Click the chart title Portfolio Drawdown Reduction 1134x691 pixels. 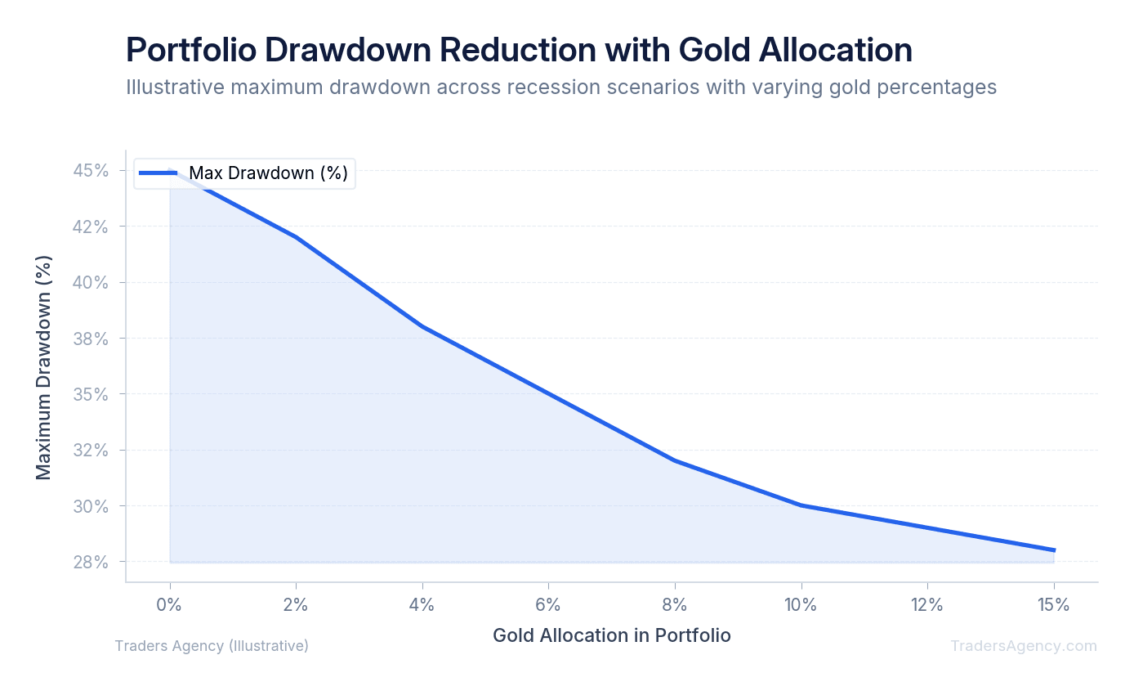click(x=518, y=51)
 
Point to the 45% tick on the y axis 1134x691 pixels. click(x=91, y=171)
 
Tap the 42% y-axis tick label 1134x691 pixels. click(x=91, y=227)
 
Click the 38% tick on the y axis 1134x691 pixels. click(x=91, y=339)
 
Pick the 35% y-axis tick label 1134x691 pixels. click(x=91, y=394)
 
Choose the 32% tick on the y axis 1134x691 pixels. click(x=91, y=451)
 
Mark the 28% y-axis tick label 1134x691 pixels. click(x=91, y=563)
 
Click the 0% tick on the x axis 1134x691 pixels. click(x=169, y=606)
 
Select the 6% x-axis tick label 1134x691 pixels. click(x=548, y=606)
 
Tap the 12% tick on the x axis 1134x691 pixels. click(x=927, y=606)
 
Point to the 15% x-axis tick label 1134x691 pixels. click(x=1053, y=606)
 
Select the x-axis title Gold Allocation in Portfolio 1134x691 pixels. click(x=612, y=635)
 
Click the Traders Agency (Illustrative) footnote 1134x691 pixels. click(x=212, y=646)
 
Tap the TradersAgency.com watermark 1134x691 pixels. click(x=1023, y=646)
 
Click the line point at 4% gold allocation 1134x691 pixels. click(x=422, y=326)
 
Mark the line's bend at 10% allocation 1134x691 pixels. click(x=801, y=505)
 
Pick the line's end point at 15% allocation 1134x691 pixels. click(x=1054, y=550)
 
